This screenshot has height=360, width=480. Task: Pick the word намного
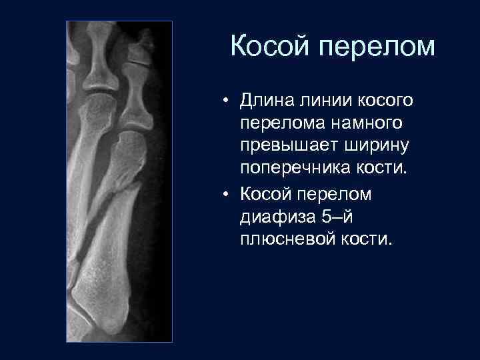369,123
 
